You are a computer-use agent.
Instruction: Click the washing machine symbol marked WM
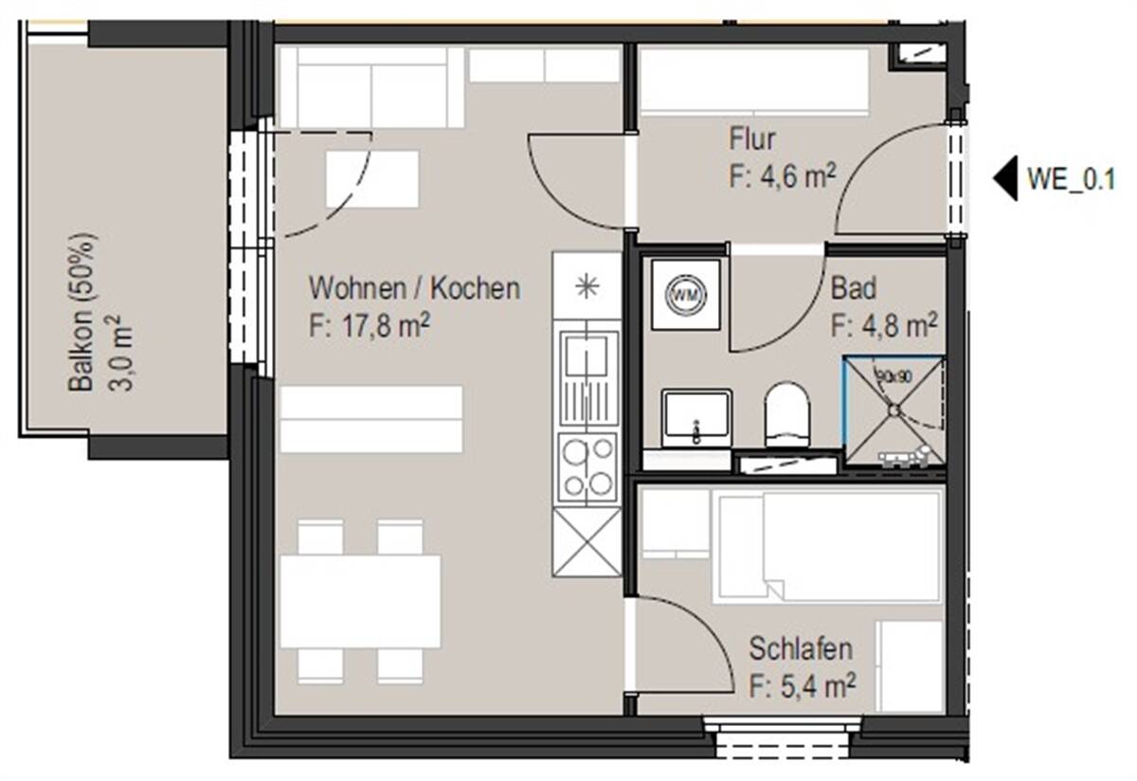[x=685, y=294]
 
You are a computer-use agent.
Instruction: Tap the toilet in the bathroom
[x=787, y=415]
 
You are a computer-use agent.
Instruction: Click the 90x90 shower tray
[x=893, y=410]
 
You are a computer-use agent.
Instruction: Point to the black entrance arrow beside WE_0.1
[x=1004, y=178]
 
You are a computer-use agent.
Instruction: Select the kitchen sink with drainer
[x=588, y=375]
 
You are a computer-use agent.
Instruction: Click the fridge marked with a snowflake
[x=587, y=285]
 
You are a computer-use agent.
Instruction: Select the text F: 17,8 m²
[x=370, y=325]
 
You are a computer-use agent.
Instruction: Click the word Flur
[x=752, y=139]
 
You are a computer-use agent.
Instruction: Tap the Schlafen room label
[x=800, y=649]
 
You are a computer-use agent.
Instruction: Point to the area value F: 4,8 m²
[x=884, y=326]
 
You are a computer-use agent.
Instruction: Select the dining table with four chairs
[x=360, y=601]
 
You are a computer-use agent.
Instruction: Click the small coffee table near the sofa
[x=372, y=178]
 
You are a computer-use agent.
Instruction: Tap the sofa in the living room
[x=370, y=87]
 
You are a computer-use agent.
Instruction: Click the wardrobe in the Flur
[x=754, y=82]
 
